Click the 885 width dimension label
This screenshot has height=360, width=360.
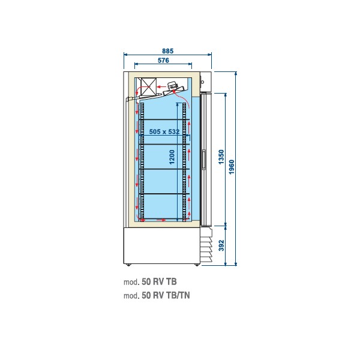click(167, 51)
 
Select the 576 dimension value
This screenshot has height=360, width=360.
click(163, 61)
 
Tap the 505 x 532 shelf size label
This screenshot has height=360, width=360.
click(164, 131)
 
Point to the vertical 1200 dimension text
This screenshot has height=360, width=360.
click(172, 157)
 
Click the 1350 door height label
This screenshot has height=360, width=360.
click(221, 157)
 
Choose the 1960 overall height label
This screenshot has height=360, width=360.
click(232, 167)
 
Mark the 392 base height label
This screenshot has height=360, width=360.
click(221, 245)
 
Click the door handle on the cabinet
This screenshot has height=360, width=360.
click(203, 160)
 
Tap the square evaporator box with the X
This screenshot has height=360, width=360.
click(149, 86)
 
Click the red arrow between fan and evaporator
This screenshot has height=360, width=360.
click(161, 87)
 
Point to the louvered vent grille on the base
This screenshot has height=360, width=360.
click(206, 245)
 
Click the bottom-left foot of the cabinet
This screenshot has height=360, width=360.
click(128, 265)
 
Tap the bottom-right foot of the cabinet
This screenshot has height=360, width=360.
click(197, 265)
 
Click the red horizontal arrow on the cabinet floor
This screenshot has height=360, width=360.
click(161, 220)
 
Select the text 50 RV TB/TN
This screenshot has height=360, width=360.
click(166, 295)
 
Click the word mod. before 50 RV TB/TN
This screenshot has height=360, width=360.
click(131, 296)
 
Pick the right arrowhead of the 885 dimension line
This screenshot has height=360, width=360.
click(209, 55)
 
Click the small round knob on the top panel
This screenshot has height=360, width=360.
click(203, 82)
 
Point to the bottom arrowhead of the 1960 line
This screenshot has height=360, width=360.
click(236, 264)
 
